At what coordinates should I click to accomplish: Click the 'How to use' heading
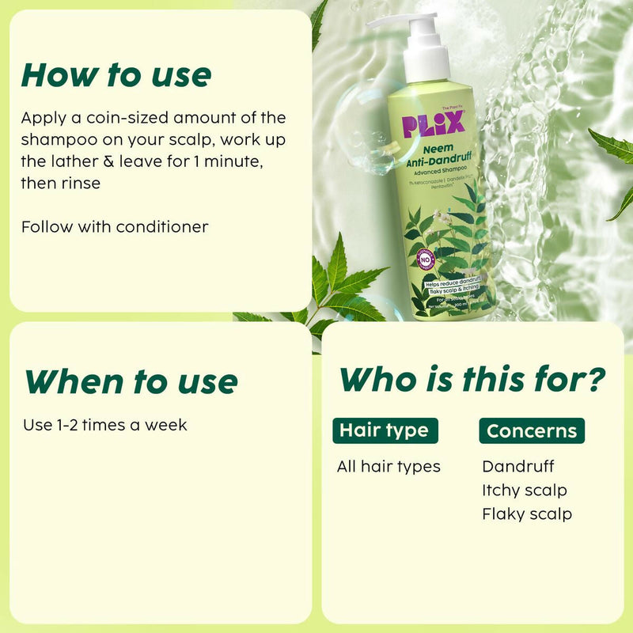pos(116,75)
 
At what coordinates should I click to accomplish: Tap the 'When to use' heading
pos(131,381)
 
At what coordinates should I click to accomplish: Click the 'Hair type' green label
pos(384,430)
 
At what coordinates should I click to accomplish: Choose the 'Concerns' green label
pos(532,430)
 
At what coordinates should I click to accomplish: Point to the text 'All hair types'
pos(389,466)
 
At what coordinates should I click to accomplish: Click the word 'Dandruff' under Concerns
pos(518,466)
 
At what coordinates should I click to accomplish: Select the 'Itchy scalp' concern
pos(525,490)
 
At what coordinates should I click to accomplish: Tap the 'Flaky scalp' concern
pos(527,514)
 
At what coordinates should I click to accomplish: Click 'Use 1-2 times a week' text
pos(105,424)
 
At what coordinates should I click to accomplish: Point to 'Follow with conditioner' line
pos(115,226)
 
